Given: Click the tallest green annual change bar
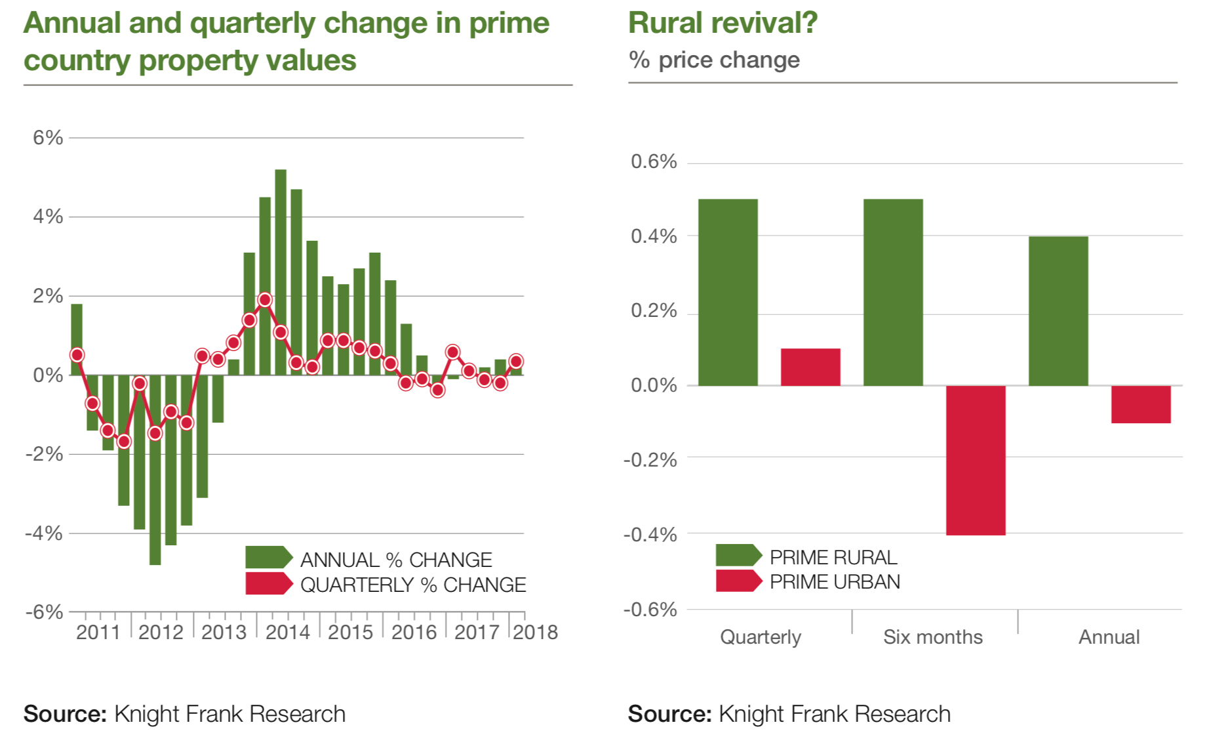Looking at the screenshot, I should point(281,272).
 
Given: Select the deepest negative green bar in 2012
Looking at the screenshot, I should point(155,470).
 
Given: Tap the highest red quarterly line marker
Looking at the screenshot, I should point(265,300).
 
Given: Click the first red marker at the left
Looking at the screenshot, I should point(77,355).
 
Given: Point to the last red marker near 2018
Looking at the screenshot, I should point(516,362).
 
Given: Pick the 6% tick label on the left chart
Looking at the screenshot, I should point(49,138).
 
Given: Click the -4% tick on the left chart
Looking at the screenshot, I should point(45,533).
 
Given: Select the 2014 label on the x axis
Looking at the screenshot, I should point(287,633).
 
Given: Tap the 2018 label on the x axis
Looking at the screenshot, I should point(535,633).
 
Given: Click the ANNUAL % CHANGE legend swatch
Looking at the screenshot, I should point(268,557).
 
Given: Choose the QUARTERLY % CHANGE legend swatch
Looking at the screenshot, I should point(268,583).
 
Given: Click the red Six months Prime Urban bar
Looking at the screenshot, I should point(976,460).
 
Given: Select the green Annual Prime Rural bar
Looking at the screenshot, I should point(1058,311).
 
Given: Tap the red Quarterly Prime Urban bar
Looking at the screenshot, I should point(810,367).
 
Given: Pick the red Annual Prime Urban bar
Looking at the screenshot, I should point(1141,404).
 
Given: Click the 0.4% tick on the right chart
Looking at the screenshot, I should point(654,236).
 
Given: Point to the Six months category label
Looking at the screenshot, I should point(932,637).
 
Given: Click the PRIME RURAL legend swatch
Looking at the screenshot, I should point(738,555).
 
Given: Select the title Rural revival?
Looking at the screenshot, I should point(723,23).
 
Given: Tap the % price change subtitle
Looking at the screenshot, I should point(714,60).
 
